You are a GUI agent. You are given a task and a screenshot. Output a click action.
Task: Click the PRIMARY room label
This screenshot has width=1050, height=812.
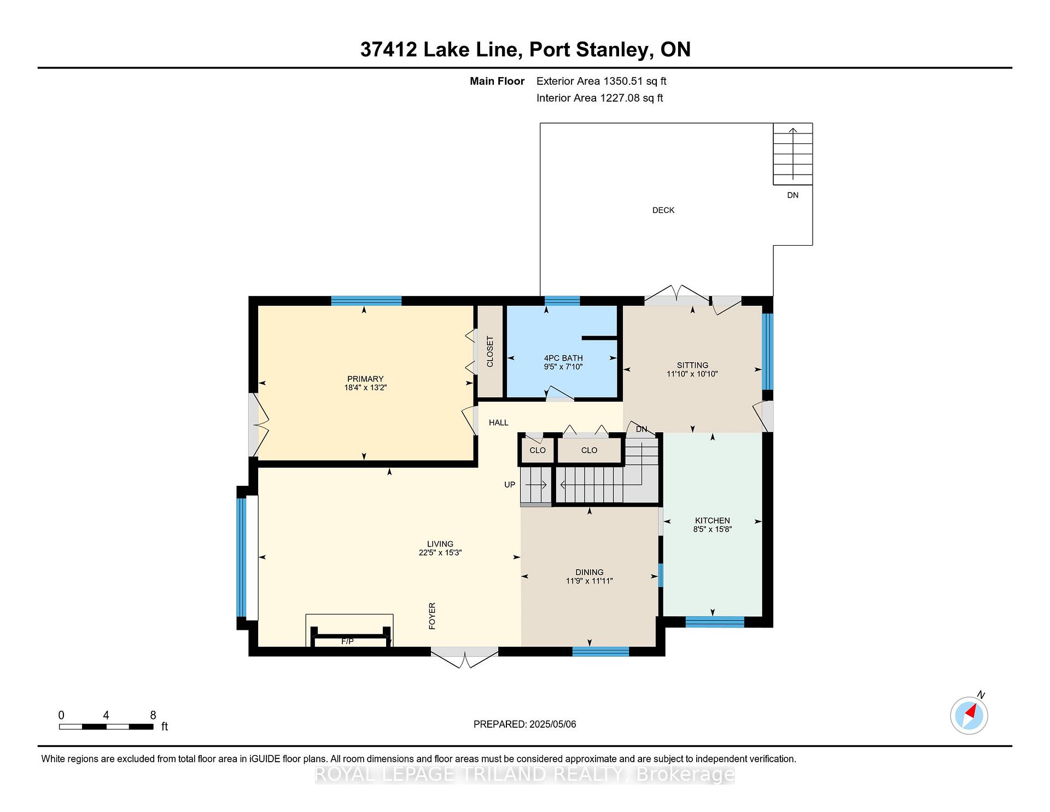click(365, 379)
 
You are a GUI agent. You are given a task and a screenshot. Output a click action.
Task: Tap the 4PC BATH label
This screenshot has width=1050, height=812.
click(563, 358)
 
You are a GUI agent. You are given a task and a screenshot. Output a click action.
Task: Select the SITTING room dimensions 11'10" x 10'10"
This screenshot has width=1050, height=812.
click(692, 374)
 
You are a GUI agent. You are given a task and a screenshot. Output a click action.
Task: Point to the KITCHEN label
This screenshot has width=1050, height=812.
click(713, 520)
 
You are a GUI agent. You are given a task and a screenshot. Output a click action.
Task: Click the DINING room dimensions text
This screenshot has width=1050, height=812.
click(590, 581)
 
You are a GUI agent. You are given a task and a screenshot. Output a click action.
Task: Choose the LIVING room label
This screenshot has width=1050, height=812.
click(440, 544)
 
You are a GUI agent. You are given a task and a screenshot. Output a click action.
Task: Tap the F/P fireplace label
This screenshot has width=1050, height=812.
click(348, 641)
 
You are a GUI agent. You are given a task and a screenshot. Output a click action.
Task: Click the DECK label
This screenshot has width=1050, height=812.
click(663, 210)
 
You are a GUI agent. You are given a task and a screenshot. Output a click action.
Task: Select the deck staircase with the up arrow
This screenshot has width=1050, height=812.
click(792, 154)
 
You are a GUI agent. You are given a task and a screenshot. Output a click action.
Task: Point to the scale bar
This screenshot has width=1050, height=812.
click(106, 727)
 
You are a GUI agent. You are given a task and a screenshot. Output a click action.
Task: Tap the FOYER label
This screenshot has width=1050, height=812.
click(432, 616)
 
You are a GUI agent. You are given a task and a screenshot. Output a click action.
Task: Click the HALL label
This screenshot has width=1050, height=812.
click(499, 422)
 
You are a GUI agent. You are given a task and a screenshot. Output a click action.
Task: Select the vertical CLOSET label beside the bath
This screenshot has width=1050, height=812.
click(490, 352)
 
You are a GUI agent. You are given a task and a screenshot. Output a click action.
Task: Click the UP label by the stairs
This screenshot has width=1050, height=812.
click(510, 485)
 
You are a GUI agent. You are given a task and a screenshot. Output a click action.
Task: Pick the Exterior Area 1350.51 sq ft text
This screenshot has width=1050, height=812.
click(602, 82)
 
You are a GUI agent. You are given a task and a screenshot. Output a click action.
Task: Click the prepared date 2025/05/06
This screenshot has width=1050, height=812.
click(553, 724)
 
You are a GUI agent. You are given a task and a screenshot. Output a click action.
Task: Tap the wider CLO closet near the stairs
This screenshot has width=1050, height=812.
click(590, 450)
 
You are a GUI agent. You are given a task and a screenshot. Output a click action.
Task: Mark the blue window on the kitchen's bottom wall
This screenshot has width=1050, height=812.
click(715, 622)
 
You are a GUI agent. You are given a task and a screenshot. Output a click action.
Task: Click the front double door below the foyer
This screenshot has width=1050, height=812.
click(464, 657)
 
